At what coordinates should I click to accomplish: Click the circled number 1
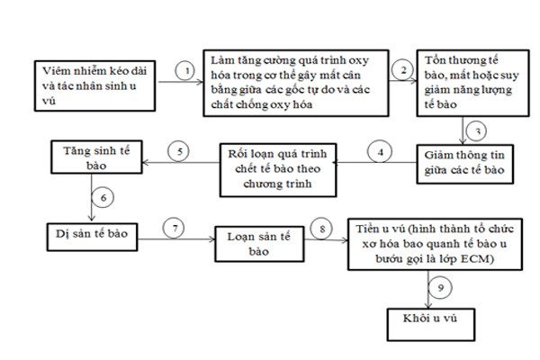click(185, 70)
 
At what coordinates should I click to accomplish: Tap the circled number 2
click(403, 70)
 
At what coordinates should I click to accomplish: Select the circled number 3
click(477, 130)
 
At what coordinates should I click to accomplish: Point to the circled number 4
click(380, 152)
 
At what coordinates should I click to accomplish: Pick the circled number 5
click(179, 151)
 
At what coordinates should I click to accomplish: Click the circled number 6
click(103, 197)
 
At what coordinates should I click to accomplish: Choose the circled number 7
click(174, 228)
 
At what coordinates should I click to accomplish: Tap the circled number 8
click(321, 229)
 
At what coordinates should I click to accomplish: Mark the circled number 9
click(440, 288)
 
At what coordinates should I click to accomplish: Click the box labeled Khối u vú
click(431, 325)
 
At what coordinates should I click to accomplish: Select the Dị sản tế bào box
click(93, 237)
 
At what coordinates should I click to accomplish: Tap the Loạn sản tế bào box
click(259, 244)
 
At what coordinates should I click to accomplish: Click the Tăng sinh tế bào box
click(96, 157)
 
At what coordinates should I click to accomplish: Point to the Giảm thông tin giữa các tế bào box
click(465, 164)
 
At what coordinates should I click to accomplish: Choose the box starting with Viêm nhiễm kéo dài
click(94, 85)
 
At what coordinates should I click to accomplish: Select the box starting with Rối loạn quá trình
click(278, 170)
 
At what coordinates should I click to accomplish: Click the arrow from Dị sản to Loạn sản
click(176, 239)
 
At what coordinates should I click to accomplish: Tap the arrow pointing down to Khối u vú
click(428, 290)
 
